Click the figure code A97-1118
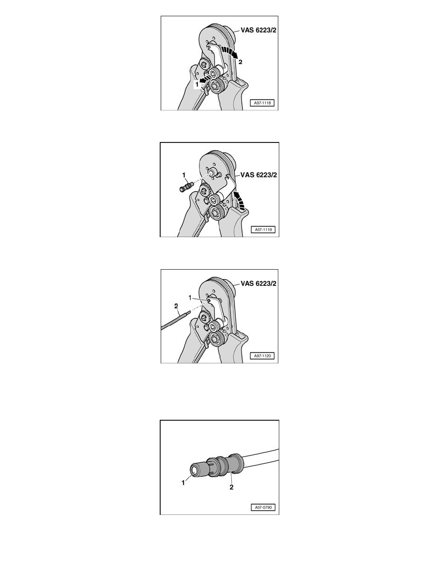point(262,103)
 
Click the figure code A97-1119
point(263,229)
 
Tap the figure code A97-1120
point(262,356)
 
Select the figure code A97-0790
point(263,507)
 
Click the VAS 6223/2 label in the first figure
point(258,31)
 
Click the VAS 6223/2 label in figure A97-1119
point(259,175)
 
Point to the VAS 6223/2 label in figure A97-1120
point(258,284)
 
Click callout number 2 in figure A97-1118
point(240,62)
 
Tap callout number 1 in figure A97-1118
point(197,84)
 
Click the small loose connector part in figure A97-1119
point(186,187)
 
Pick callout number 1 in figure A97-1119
point(184,175)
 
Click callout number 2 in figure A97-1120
point(176,306)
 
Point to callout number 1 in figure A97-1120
point(190,297)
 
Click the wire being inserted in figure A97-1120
point(176,321)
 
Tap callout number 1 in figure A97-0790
point(183,482)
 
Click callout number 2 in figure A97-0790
point(231,487)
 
